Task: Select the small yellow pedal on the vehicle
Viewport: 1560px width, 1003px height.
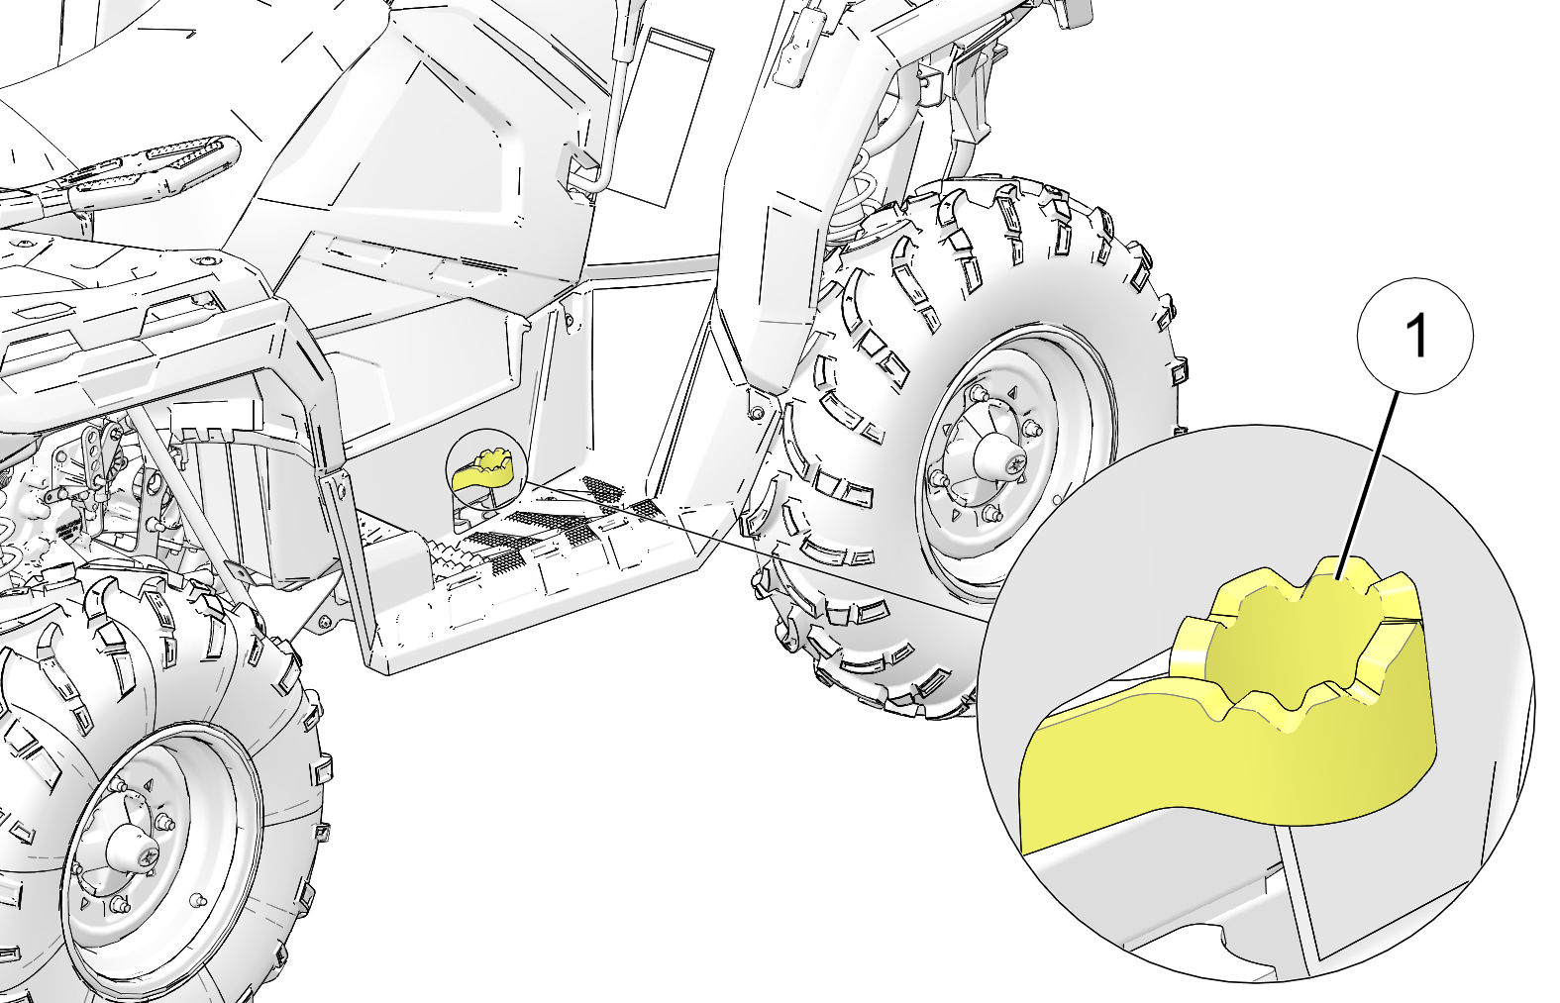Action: click(482, 470)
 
